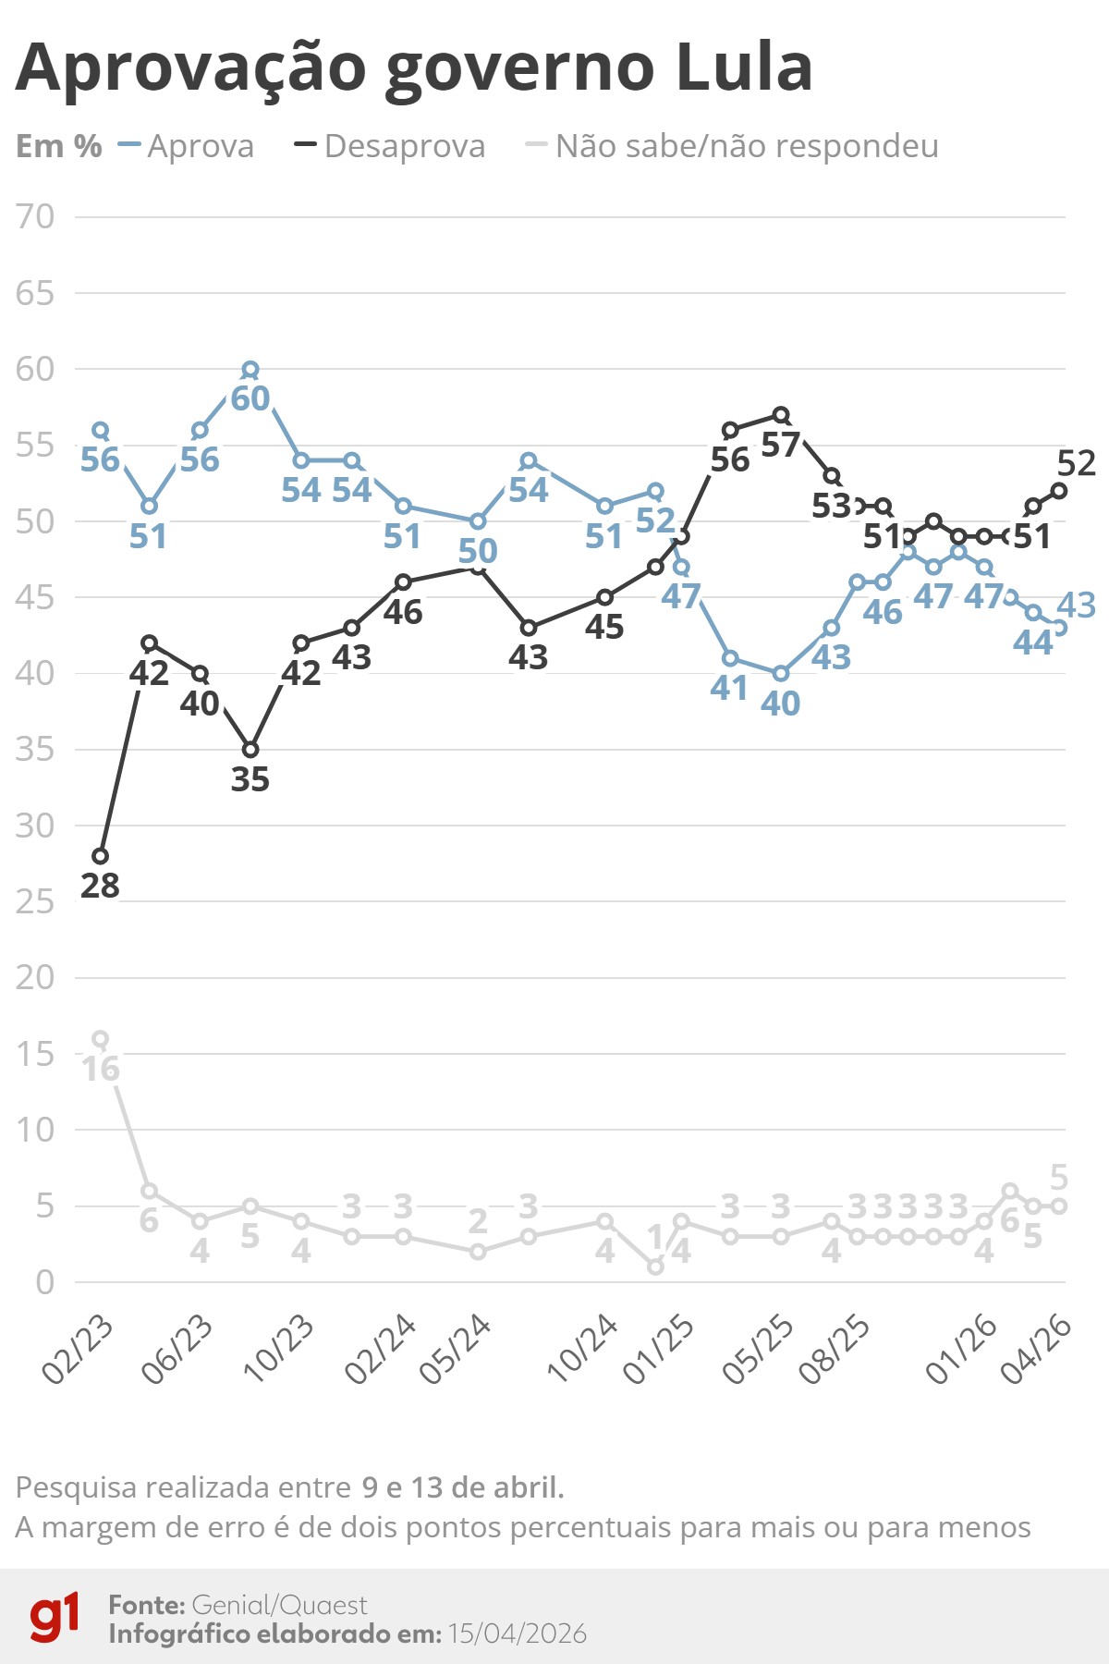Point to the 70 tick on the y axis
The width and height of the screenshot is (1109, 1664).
click(x=35, y=217)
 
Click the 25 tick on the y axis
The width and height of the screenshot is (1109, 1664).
click(x=35, y=901)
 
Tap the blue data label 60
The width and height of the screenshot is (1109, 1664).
click(x=250, y=398)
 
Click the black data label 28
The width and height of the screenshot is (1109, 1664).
click(x=100, y=886)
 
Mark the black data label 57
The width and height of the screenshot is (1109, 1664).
click(x=780, y=445)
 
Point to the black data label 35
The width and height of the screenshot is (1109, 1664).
click(x=250, y=779)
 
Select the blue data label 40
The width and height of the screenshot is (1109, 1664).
click(x=780, y=704)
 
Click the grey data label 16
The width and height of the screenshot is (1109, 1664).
click(x=100, y=1069)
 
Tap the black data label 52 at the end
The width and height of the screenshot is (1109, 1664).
click(x=1077, y=463)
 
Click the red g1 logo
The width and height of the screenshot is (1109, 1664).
click(x=54, y=1617)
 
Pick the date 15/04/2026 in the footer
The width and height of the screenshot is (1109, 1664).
click(x=517, y=1633)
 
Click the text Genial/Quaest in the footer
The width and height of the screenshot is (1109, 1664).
click(x=279, y=1605)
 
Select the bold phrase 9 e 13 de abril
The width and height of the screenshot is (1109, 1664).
click(x=462, y=1487)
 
